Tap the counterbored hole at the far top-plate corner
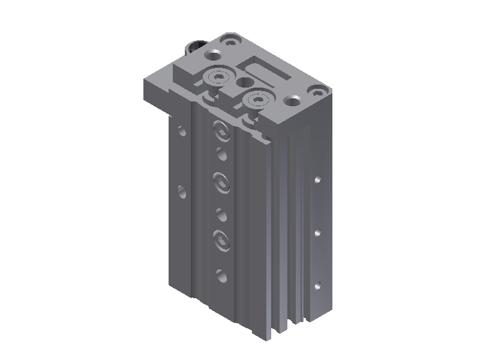tap(229, 41)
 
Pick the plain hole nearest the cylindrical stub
tap(214, 55)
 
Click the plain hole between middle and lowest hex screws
tap(221, 214)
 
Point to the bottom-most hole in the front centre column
tap(221, 276)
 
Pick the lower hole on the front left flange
tap(182, 191)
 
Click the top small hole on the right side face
tap(318, 178)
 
